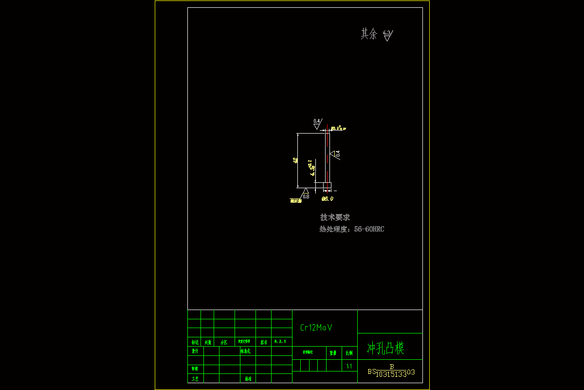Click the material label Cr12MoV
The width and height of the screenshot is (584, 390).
pos(316,328)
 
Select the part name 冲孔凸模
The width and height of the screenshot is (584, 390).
pos(385,348)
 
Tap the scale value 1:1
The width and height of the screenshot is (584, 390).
pos(349,366)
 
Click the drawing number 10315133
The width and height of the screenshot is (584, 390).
pos(391,374)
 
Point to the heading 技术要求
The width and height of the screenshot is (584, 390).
pos(335,217)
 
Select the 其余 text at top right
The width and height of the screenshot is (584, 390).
pos(369,34)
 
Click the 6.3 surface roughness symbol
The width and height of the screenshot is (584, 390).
pos(387,35)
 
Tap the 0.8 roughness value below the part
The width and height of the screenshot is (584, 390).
pos(306,196)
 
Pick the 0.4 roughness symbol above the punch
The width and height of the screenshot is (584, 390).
pos(317,123)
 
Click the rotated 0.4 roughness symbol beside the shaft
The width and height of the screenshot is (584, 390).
pos(335,154)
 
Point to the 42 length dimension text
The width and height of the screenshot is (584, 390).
pos(295,160)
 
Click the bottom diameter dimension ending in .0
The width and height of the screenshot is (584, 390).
pos(328,199)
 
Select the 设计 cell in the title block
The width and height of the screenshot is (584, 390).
pos(195,351)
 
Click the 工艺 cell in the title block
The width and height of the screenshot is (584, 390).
pos(195,379)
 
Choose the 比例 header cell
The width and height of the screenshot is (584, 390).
pos(349,352)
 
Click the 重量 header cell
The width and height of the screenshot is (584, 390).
pos(333,352)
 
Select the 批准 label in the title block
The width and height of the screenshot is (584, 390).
pos(248,379)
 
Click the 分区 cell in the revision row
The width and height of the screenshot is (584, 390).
pos(224,342)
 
